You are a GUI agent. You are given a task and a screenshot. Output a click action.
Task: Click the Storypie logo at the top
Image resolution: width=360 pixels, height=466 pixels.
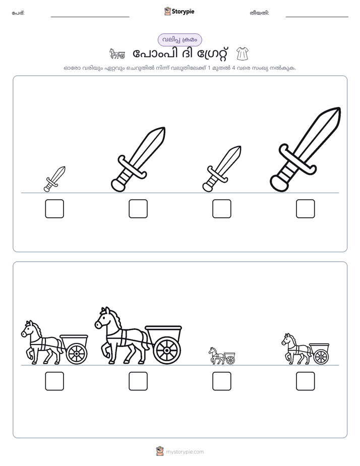coord(179,12)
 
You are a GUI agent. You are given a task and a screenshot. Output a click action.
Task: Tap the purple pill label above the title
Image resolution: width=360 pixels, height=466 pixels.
coord(179,40)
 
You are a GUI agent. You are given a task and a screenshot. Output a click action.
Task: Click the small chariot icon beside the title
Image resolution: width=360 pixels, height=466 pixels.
coord(117,54)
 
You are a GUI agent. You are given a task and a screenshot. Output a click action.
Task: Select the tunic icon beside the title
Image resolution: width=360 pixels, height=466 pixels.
coord(243,54)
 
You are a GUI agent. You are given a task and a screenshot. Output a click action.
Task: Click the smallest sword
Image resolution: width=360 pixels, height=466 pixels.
coord(54,179)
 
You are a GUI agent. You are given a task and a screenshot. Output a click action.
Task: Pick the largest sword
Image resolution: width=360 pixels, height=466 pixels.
coord(306,149)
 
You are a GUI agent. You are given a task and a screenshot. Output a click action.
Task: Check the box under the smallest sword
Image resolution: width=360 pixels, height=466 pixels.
coord(54,209)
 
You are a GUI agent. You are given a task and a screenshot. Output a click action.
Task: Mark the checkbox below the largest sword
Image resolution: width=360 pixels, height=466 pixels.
coord(306,209)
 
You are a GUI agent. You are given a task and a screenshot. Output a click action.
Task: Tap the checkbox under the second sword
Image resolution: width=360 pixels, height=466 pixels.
coord(138,209)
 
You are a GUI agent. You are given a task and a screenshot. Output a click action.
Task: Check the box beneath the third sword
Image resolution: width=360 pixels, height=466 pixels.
coord(221,209)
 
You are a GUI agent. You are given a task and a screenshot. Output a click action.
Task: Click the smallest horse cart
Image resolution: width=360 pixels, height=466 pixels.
coord(222,356)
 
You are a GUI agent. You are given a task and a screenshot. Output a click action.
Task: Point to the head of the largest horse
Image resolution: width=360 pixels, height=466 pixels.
coord(104,318)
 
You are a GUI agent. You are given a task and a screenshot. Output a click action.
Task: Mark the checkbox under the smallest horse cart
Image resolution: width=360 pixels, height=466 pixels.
coord(221,381)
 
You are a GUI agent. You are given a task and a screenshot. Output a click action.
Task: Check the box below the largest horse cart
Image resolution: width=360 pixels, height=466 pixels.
coord(138,381)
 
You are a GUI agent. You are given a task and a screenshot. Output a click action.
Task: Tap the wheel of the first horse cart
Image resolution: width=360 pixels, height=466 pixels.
coord(77,354)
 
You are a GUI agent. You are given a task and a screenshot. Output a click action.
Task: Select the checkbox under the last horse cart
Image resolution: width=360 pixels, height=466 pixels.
coord(306,381)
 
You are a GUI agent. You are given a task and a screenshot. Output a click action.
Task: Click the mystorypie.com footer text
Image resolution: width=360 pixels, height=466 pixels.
coord(185,452)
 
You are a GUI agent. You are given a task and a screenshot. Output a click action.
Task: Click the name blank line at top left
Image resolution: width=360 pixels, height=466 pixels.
coord(90,17)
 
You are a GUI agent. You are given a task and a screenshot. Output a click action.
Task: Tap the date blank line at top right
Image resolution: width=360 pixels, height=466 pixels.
coord(317,17)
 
